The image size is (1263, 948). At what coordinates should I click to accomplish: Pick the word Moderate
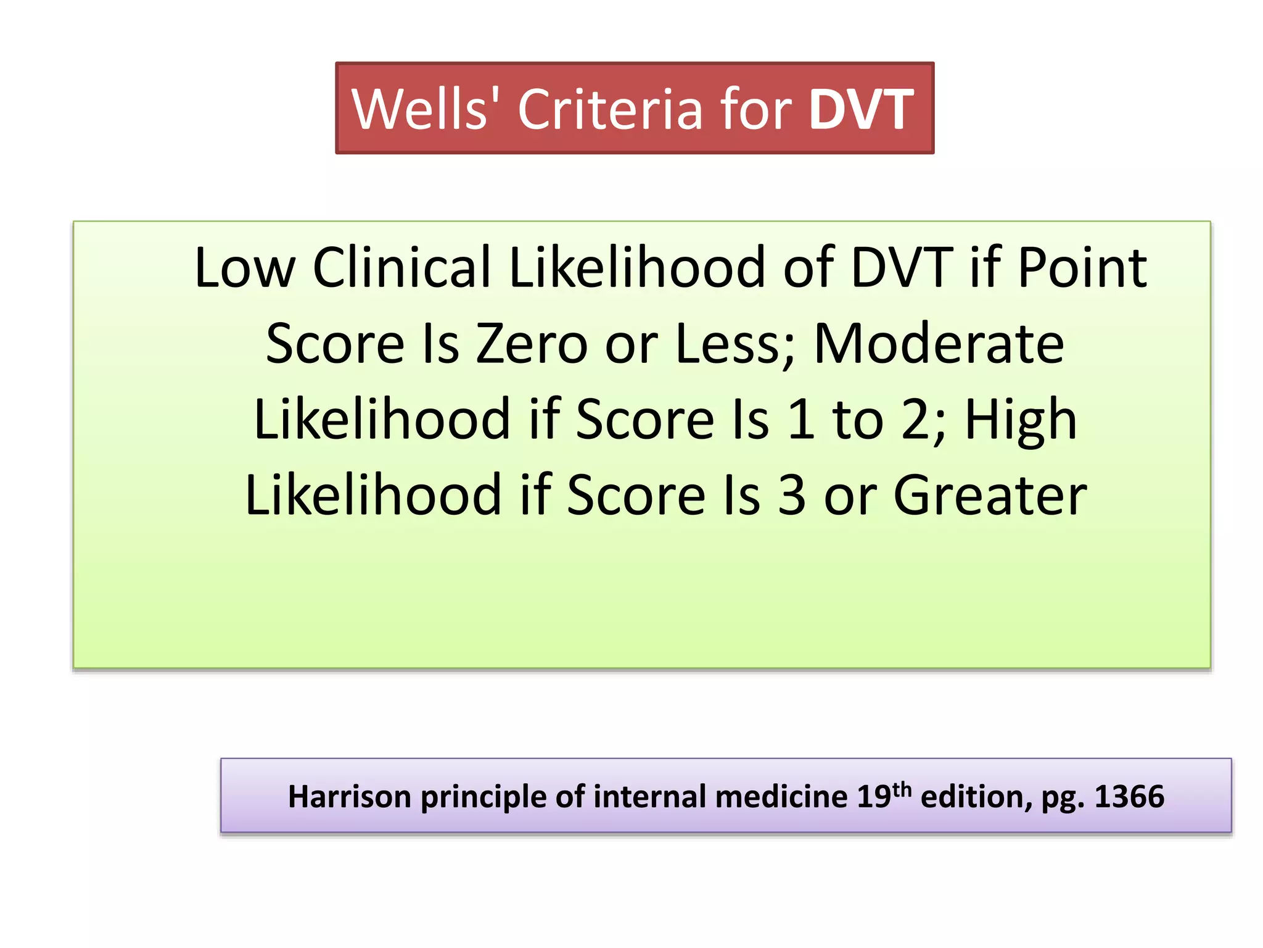pos(939,344)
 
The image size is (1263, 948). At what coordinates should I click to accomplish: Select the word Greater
pos(990,495)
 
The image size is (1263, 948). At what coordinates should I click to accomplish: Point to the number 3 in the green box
pos(791,495)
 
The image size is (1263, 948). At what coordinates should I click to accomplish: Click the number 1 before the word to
pos(801,420)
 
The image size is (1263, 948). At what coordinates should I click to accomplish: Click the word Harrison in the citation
pos(349,796)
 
